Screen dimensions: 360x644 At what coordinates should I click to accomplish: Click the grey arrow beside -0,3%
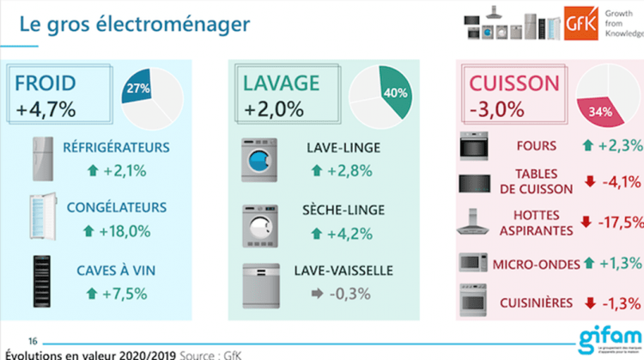tap(317, 293)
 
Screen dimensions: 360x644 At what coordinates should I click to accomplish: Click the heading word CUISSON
tap(513, 84)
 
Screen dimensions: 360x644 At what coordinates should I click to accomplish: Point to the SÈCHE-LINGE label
tap(343, 209)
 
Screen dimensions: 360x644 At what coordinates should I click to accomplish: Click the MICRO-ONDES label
tap(536, 263)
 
